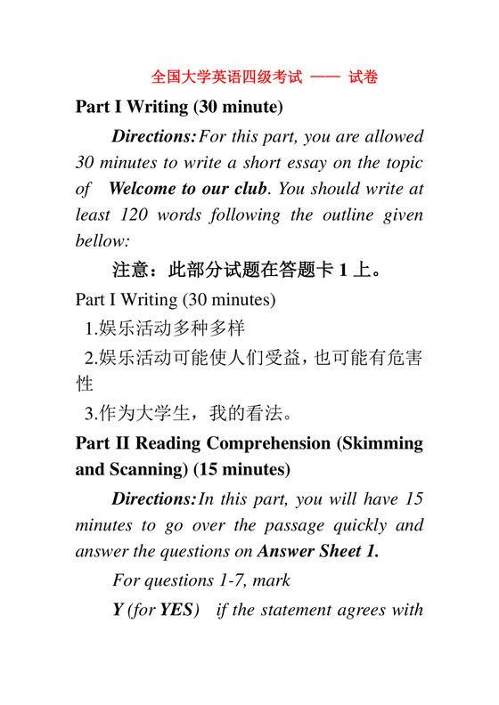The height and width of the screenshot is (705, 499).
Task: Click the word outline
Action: click(344, 215)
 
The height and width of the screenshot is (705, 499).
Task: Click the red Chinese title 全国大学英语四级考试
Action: click(228, 77)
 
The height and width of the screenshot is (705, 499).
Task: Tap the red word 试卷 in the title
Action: click(363, 77)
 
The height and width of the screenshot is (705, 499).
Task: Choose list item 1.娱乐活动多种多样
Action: click(165, 328)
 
